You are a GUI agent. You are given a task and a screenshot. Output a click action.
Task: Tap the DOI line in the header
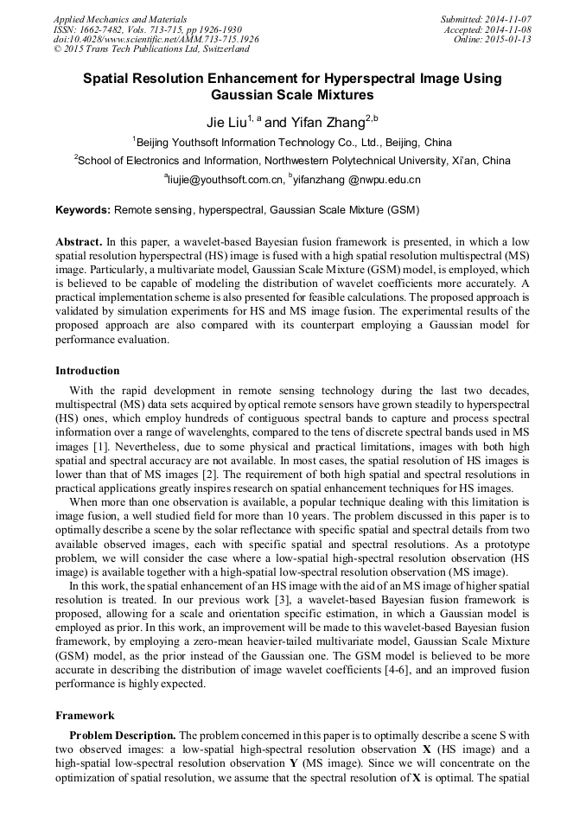pyautogui.click(x=156, y=39)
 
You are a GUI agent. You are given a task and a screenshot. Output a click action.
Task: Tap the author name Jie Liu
pyautogui.click(x=226, y=123)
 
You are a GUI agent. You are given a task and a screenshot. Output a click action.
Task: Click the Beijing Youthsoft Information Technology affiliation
pyautogui.click(x=293, y=143)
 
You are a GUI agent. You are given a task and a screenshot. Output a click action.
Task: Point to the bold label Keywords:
pyautogui.click(x=83, y=209)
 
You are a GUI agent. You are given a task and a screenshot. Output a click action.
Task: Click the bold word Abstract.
pyautogui.click(x=80, y=241)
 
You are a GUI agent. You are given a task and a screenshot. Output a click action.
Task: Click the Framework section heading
pyautogui.click(x=85, y=716)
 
